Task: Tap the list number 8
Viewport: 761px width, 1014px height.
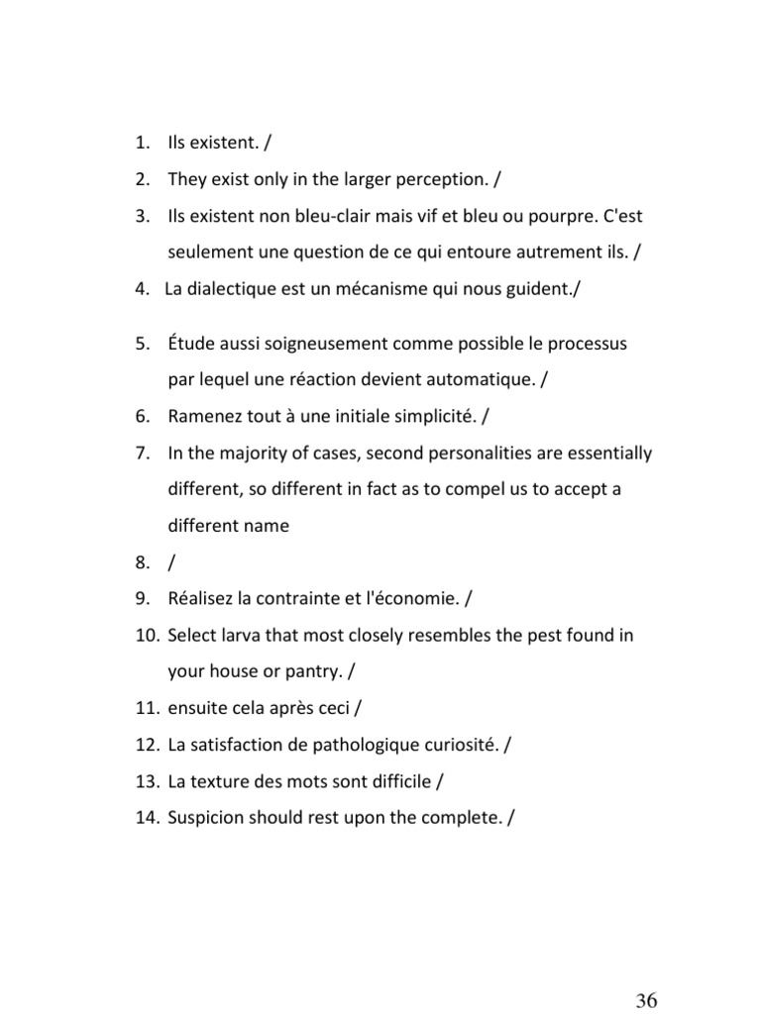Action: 143,562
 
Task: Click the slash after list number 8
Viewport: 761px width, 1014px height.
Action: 172,562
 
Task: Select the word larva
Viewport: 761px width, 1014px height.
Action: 241,635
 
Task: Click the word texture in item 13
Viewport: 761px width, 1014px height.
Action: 221,781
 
